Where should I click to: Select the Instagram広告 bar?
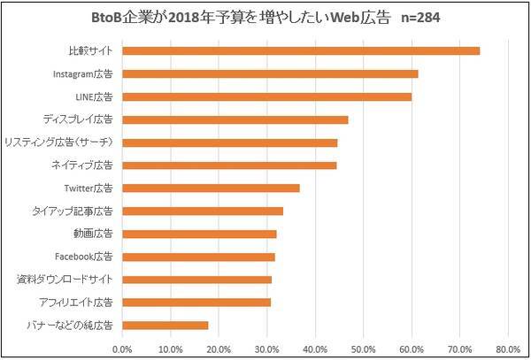(x=270, y=73)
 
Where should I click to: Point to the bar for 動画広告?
(x=199, y=234)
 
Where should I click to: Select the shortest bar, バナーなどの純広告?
(x=165, y=326)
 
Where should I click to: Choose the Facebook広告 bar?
(x=198, y=257)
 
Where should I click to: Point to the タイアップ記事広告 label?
(x=72, y=211)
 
